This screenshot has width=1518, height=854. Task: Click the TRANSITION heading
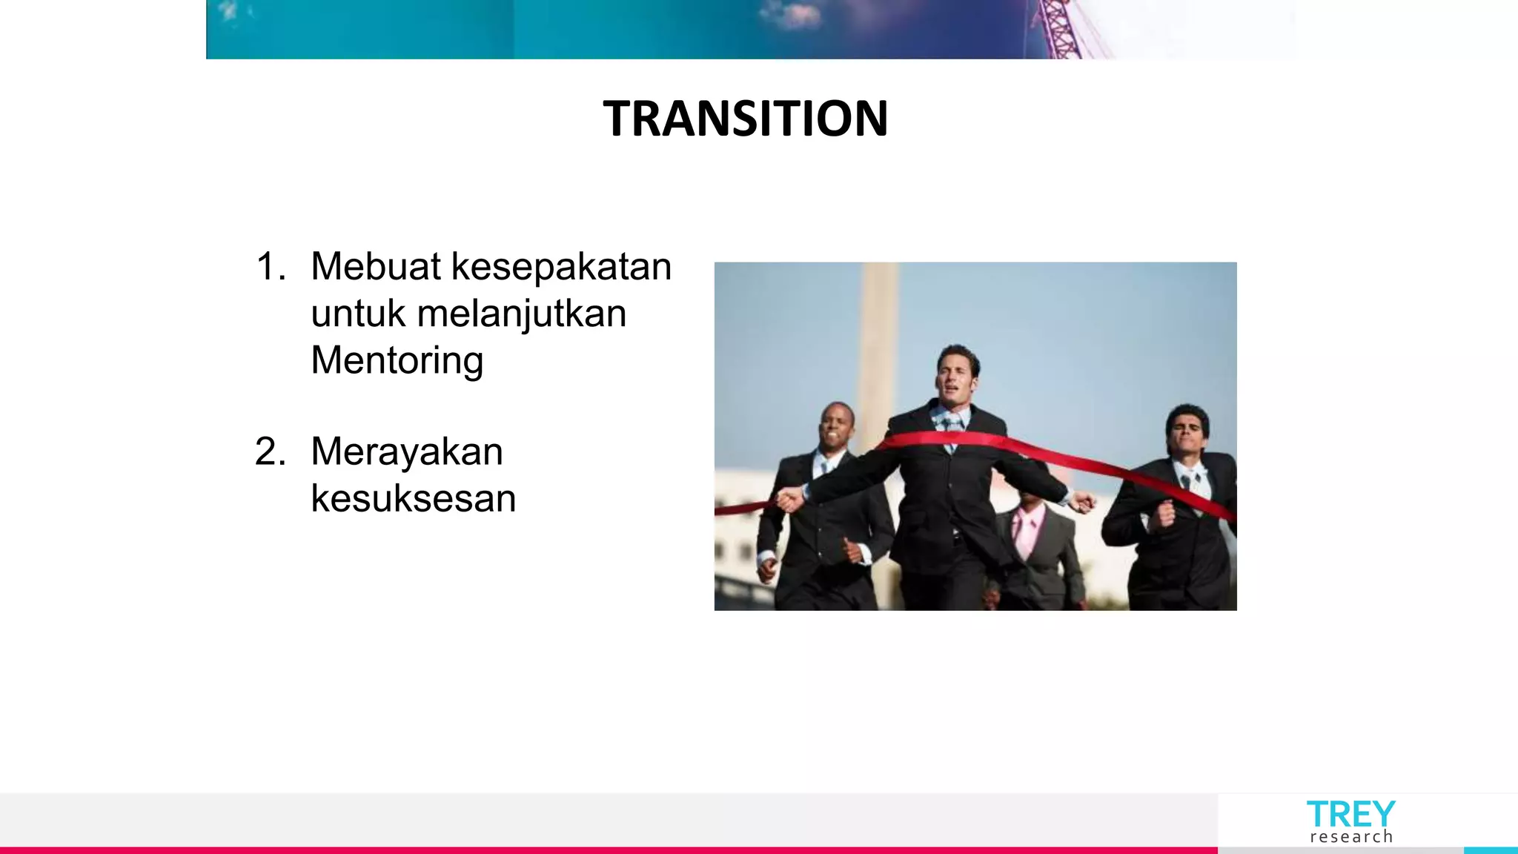745,119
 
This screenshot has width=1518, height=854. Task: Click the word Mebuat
376,266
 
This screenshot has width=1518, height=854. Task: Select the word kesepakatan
561,268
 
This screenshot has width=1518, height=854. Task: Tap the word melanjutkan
521,314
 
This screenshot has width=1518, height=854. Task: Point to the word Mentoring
397,361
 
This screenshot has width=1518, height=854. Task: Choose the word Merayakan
406,452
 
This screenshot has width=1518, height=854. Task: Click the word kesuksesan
413,498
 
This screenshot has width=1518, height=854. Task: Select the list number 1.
270,266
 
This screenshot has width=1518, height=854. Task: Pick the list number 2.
270,451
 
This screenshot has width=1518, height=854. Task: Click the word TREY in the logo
1350,815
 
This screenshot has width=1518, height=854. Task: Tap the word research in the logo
1351,837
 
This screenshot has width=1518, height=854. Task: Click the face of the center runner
957,377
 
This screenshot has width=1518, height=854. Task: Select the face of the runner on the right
1187,434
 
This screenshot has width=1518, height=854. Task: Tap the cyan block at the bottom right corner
1491,850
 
